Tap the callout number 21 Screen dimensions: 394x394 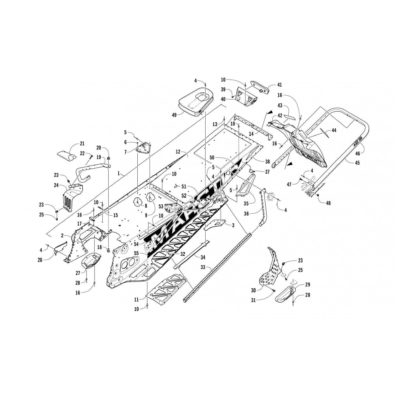click(x=82, y=143)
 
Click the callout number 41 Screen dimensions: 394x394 click(x=279, y=85)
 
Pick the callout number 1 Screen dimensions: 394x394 click(x=119, y=173)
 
